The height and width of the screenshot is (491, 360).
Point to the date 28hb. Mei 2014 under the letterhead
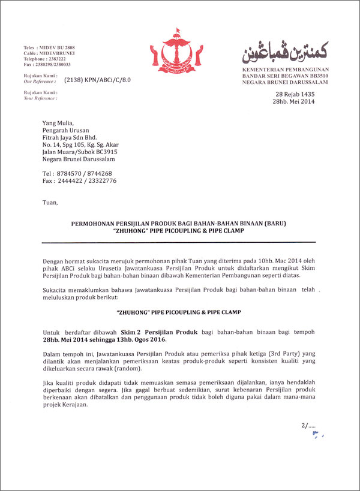coord(294,102)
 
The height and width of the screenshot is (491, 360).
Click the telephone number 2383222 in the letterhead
coord(56,59)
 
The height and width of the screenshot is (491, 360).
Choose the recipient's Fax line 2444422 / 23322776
coord(80,180)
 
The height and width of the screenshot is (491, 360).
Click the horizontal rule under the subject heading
coord(179,242)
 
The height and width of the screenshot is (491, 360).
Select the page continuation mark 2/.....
coord(304,426)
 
